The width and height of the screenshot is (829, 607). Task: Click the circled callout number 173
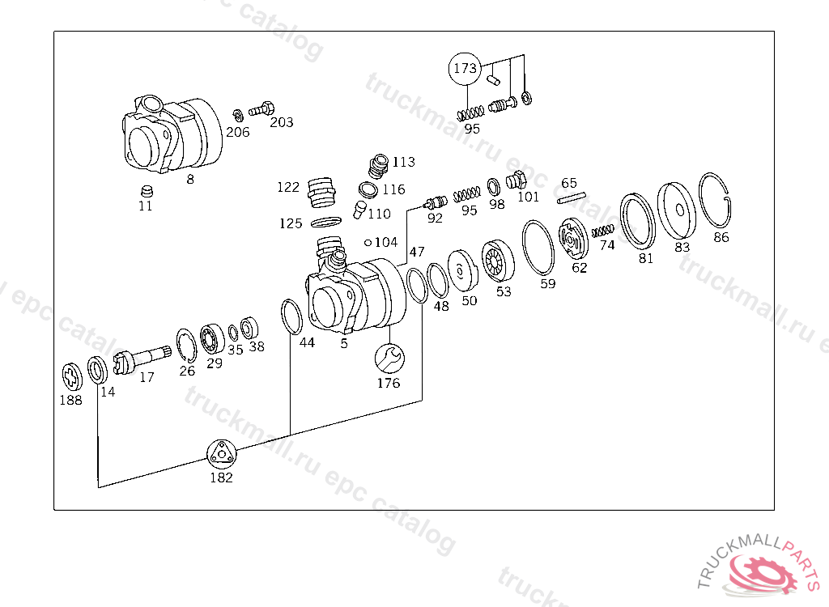pyautogui.click(x=465, y=69)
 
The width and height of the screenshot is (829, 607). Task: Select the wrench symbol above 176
pyautogui.click(x=389, y=357)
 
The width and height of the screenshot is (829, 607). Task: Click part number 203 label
pyautogui.click(x=281, y=123)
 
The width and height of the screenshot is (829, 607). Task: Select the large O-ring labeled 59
pyautogui.click(x=537, y=248)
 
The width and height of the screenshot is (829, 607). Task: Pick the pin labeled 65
pyautogui.click(x=572, y=197)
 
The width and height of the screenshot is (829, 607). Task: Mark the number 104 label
pyautogui.click(x=385, y=242)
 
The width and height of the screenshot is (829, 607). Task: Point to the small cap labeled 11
pyautogui.click(x=146, y=192)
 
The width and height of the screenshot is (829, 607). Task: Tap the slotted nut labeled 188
pyautogui.click(x=73, y=376)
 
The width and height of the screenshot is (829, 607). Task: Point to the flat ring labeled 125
pyautogui.click(x=325, y=222)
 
